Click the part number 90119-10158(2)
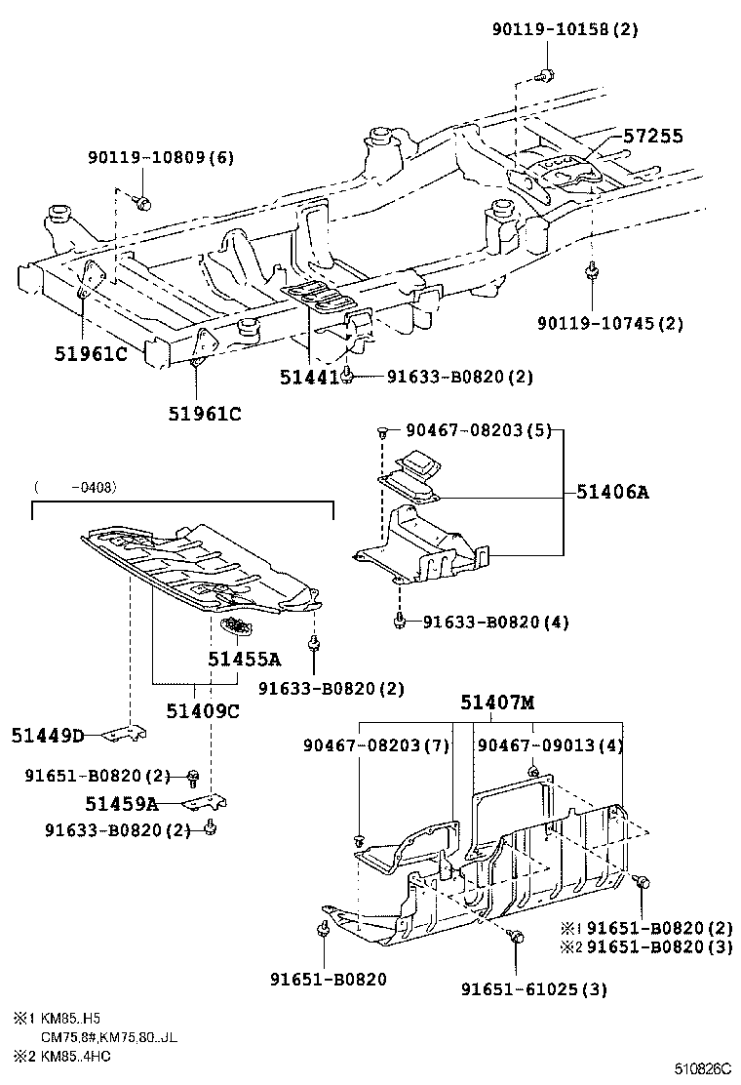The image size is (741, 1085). click(x=565, y=29)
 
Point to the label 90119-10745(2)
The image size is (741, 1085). click(x=610, y=323)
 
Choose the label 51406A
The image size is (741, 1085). click(x=611, y=493)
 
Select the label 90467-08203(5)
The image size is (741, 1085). click(x=464, y=429)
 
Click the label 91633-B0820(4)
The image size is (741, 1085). click(x=495, y=622)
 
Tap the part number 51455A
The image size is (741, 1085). click(x=243, y=659)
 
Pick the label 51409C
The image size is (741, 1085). click(x=202, y=710)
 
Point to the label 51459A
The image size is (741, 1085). click(x=121, y=803)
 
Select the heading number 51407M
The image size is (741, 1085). click(x=497, y=703)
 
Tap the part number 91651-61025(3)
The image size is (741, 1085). click(x=533, y=988)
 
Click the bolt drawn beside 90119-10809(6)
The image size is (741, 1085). click(x=141, y=203)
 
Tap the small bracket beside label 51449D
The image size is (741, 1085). click(x=125, y=733)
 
